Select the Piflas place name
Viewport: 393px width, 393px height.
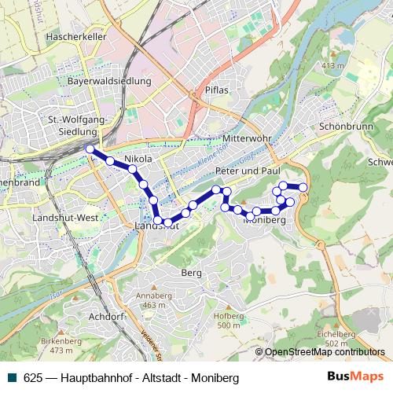(216, 90)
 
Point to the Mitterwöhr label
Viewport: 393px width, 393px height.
(246, 138)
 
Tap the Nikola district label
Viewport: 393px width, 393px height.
(138, 159)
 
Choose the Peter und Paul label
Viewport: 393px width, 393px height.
(248, 171)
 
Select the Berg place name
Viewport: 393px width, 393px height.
(191, 273)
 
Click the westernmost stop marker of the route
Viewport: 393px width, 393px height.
(90, 149)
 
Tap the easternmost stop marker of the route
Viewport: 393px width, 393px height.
(303, 186)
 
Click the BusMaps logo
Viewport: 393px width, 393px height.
(354, 376)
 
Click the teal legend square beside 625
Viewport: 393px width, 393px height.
(13, 377)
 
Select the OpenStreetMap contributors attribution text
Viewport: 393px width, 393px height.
(324, 352)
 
